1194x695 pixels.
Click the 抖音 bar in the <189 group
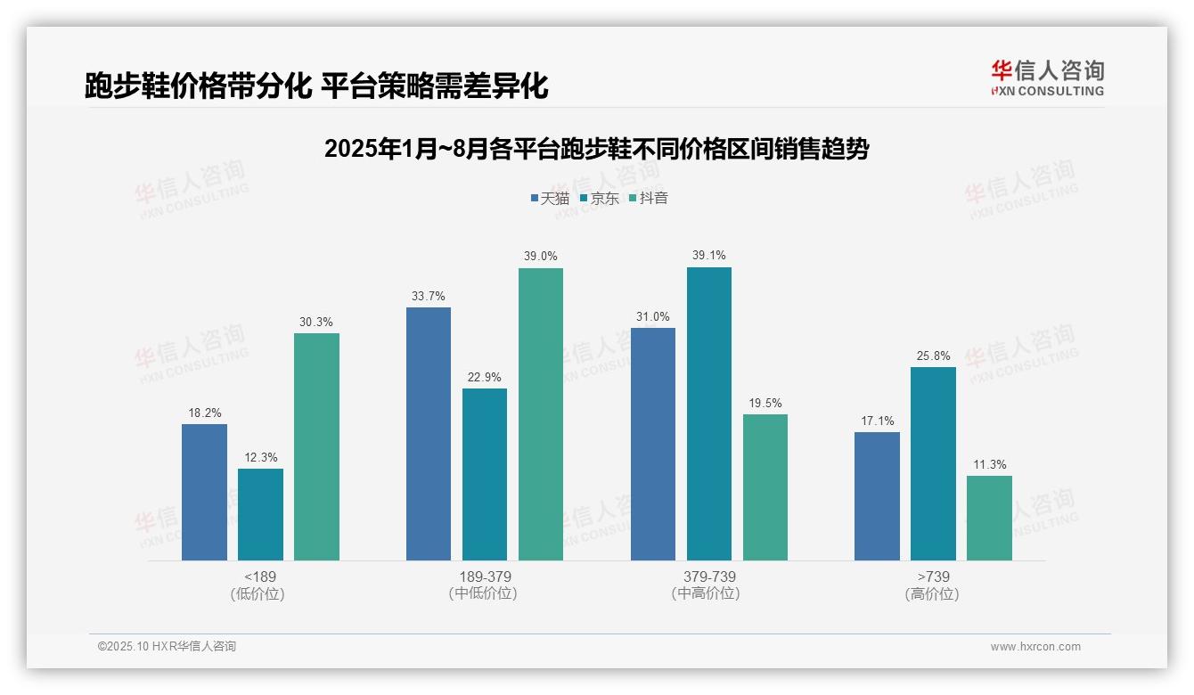tap(316, 446)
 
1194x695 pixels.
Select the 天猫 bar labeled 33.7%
tap(429, 434)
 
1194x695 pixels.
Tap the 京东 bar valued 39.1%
tap(709, 413)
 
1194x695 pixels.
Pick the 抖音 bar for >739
tap(989, 518)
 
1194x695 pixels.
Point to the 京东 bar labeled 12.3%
tap(260, 514)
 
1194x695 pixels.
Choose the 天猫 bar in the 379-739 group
tap(653, 444)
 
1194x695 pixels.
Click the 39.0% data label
tap(541, 257)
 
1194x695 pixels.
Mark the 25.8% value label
tap(934, 356)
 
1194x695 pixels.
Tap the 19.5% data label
tap(765, 403)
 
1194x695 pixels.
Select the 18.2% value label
tap(205, 413)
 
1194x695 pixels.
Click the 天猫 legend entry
tap(550, 199)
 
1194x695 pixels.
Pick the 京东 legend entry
tap(600, 199)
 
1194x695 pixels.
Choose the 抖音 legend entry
tap(649, 199)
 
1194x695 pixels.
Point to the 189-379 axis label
tap(485, 576)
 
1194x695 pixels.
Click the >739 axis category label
tap(933, 576)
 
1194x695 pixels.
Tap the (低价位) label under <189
tap(258, 594)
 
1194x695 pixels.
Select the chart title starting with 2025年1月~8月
tap(596, 149)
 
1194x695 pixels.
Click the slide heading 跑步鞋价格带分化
tap(316, 86)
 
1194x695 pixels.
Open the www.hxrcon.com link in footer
tap(1035, 647)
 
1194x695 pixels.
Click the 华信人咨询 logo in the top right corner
tap(1047, 78)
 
